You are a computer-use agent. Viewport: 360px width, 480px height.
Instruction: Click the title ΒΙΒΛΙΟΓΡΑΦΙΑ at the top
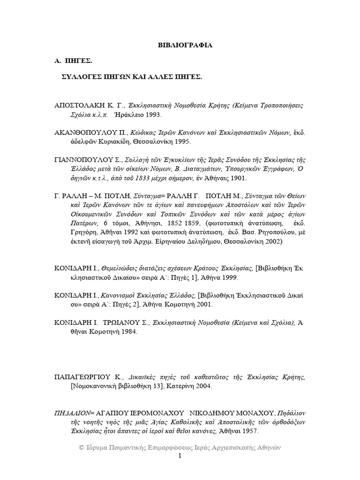pos(184,45)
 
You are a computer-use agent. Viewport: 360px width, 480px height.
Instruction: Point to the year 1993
pos(152,114)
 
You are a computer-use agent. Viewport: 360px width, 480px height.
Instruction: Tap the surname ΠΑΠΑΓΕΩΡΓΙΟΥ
pos(85,376)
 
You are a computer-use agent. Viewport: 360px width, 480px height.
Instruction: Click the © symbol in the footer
pos(81,448)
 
